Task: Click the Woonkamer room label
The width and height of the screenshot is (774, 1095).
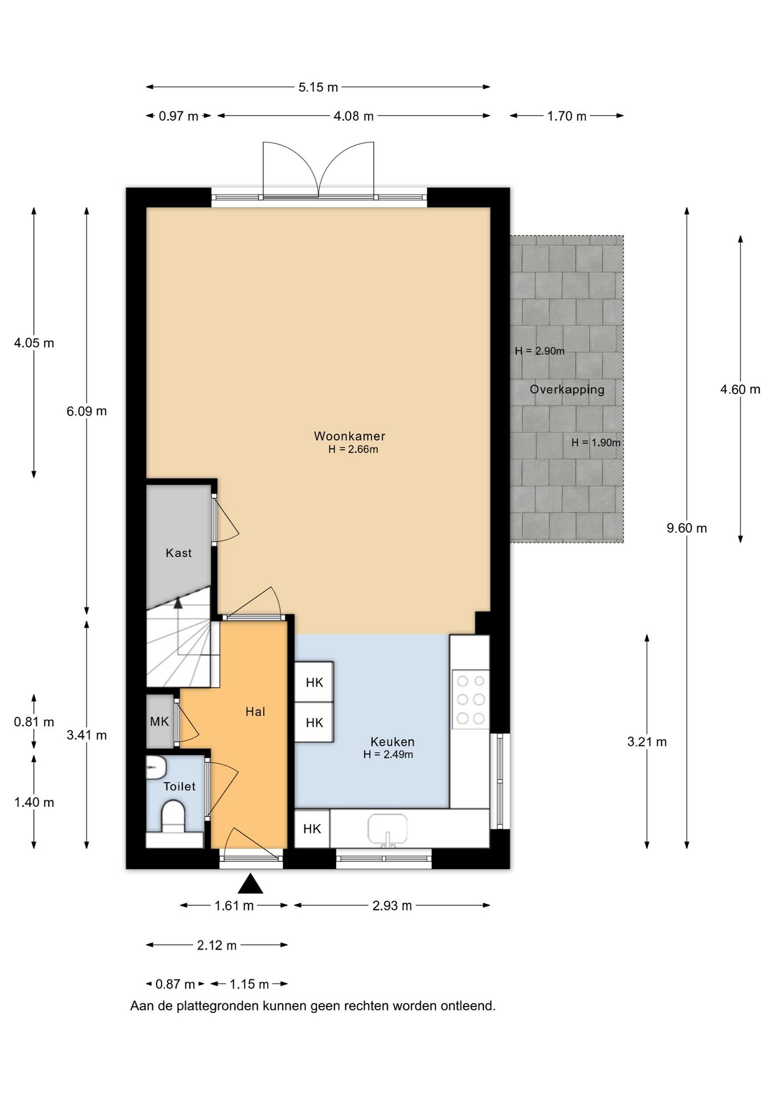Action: (x=349, y=436)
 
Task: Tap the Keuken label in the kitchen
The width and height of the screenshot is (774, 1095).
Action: (x=392, y=741)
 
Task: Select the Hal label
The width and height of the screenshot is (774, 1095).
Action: (x=255, y=711)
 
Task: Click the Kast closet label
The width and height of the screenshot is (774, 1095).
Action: (x=178, y=553)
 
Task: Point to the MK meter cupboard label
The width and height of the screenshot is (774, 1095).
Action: (x=160, y=721)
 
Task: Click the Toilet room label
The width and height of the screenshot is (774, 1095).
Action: (x=180, y=786)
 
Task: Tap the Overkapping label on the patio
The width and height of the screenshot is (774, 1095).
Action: (x=567, y=390)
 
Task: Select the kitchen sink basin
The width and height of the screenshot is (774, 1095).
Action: (x=388, y=828)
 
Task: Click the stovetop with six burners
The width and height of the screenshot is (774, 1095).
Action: (x=471, y=699)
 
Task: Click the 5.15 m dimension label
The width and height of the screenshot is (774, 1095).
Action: (x=318, y=87)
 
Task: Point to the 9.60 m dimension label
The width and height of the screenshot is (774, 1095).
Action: (x=687, y=528)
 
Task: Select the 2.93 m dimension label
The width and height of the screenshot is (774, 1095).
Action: (x=392, y=906)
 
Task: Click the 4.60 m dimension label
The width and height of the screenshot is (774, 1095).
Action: (x=740, y=390)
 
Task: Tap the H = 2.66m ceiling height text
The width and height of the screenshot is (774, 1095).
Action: (x=353, y=449)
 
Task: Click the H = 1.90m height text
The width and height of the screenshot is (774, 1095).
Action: (x=596, y=443)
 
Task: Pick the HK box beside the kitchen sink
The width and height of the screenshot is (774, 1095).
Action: (x=312, y=829)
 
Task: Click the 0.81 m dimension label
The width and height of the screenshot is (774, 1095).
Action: (x=34, y=722)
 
